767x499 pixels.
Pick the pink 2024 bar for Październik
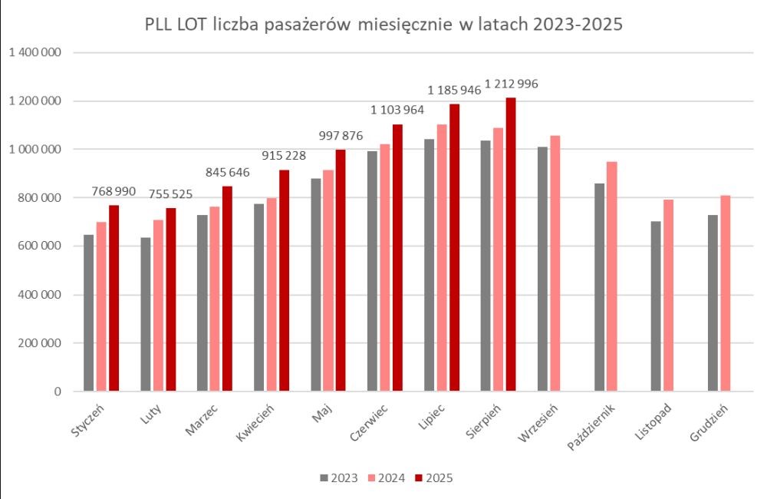pyautogui.click(x=612, y=276)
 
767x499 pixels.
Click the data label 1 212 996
pyautogui.click(x=512, y=84)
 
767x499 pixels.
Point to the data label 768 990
pyautogui.click(x=112, y=190)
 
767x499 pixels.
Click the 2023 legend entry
pyautogui.click(x=338, y=478)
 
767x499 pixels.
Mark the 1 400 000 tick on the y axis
pyautogui.click(x=35, y=53)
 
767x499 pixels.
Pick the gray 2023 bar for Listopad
pyautogui.click(x=656, y=306)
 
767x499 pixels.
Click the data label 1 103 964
pyautogui.click(x=397, y=110)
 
